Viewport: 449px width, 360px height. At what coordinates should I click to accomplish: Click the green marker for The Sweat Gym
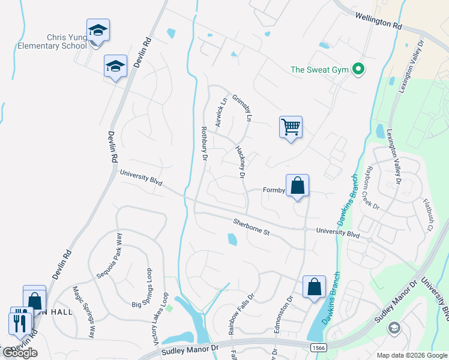click(359, 70)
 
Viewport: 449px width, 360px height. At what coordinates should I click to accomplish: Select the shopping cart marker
click(291, 127)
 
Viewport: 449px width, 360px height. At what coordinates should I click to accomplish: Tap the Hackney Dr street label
click(240, 162)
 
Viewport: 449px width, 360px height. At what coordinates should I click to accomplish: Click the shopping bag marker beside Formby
click(298, 186)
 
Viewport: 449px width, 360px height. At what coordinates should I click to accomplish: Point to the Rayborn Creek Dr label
click(367, 187)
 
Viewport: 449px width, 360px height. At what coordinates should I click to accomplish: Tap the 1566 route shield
click(319, 347)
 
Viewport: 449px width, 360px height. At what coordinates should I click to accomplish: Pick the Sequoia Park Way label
click(109, 255)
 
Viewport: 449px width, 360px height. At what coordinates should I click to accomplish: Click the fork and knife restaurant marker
click(20, 322)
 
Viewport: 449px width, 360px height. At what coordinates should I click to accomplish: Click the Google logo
click(20, 353)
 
